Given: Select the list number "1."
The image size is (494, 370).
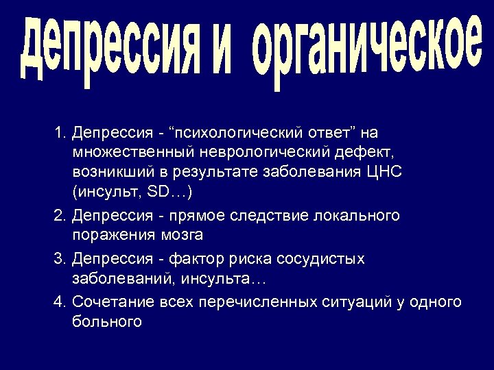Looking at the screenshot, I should (61, 131).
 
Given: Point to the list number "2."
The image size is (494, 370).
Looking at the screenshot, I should (61, 216).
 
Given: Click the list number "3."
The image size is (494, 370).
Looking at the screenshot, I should (61, 259).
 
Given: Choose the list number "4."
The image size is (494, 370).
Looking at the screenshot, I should (61, 301).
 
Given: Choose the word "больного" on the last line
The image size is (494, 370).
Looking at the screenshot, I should (106, 321).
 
